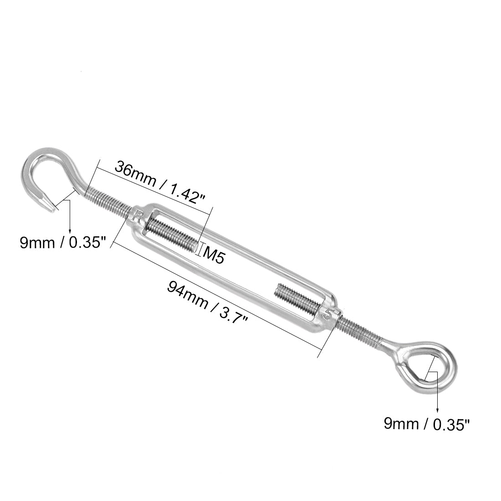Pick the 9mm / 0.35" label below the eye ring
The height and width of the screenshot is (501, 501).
click(426, 424)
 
